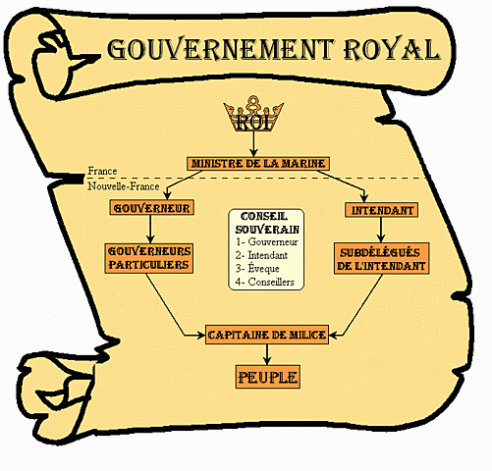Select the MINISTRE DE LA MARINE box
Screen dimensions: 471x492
pyautogui.click(x=256, y=163)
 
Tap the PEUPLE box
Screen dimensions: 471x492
pyautogui.click(x=266, y=377)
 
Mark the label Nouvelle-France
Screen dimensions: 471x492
pyautogui.click(x=123, y=185)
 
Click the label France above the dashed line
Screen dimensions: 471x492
pyautogui.click(x=102, y=171)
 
